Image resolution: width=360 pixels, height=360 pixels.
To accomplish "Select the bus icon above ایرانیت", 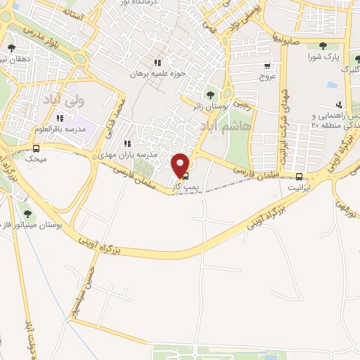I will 300,176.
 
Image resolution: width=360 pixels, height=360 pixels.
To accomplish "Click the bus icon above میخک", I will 36,148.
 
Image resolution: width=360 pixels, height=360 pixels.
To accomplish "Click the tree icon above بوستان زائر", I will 209,95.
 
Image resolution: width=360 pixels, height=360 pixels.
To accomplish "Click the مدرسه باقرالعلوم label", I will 60,130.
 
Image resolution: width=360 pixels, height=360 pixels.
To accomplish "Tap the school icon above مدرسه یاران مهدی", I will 127,143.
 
